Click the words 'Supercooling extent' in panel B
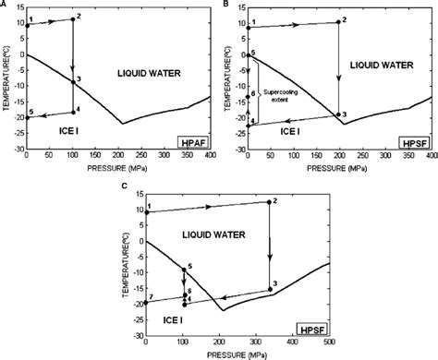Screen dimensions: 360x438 pyautogui.click(x=277, y=95)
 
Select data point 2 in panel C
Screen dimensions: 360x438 pyautogui.click(x=270, y=202)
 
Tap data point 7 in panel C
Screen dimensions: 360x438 pyautogui.click(x=145, y=303)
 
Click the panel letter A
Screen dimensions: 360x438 pyautogui.click(x=5, y=6)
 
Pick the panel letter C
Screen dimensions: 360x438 pyautogui.click(x=124, y=188)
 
